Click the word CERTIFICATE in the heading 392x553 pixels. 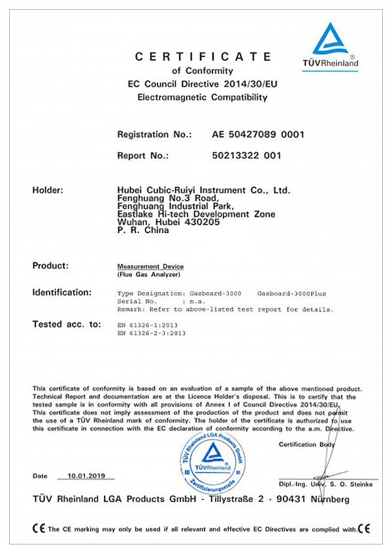[x=203, y=57]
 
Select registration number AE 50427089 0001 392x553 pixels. [x=258, y=134]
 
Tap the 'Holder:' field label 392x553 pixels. [x=48, y=190]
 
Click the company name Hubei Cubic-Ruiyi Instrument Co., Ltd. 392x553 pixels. [x=203, y=190]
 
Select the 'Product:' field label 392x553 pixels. [x=50, y=266]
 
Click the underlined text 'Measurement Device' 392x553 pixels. [x=150, y=267]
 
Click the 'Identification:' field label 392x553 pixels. [x=62, y=292]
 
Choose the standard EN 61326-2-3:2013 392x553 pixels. [x=152, y=333]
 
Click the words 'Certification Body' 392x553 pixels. [x=306, y=444]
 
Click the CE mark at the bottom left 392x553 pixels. [x=39, y=528]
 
